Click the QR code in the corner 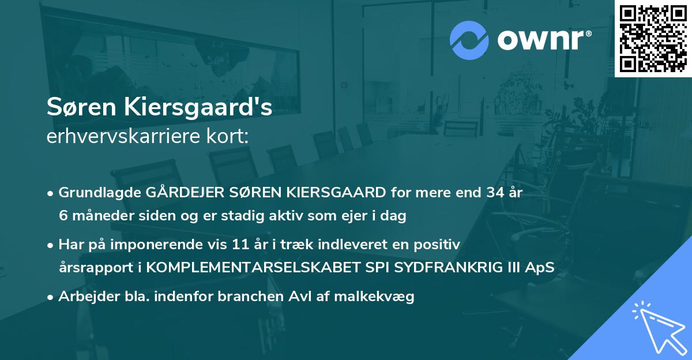[x=653, y=38]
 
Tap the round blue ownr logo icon [x=469, y=40]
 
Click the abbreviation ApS [x=542, y=268]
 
